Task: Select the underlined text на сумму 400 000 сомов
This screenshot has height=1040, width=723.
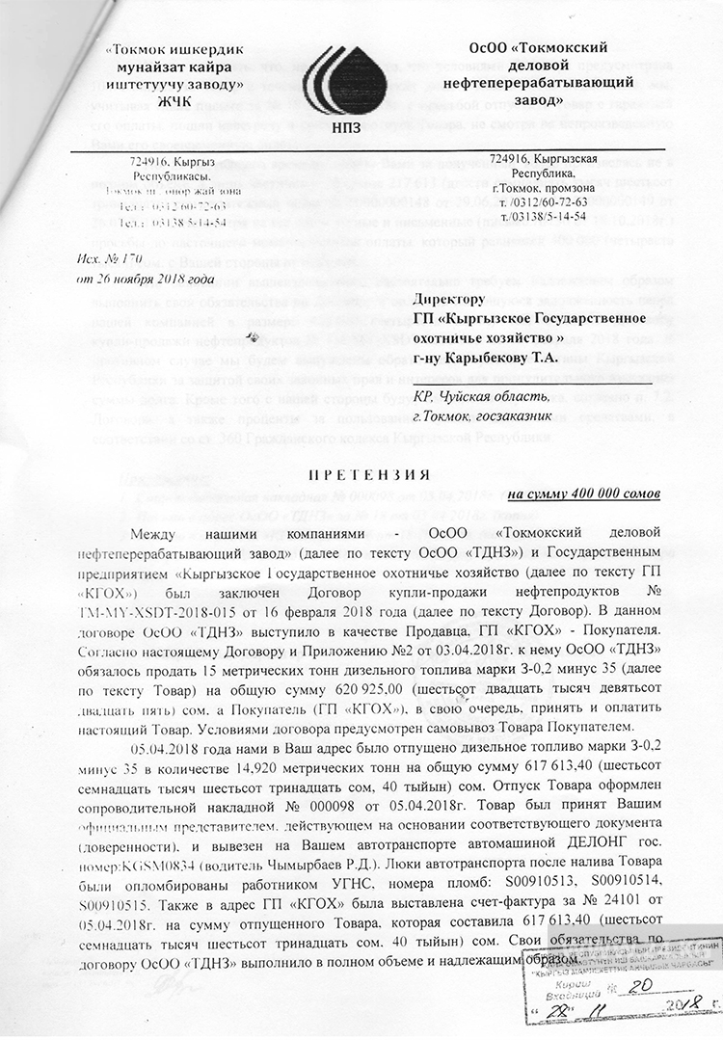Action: pyautogui.click(x=583, y=493)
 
